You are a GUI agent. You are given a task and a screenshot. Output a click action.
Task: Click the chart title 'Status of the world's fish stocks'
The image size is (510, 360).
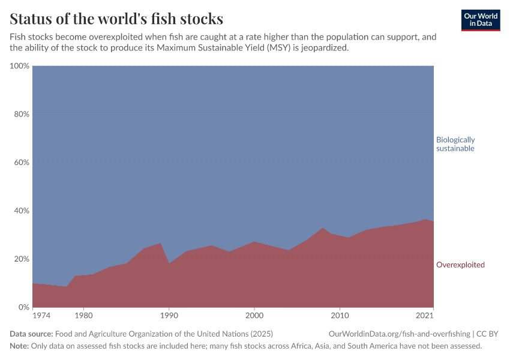pyautogui.click(x=116, y=18)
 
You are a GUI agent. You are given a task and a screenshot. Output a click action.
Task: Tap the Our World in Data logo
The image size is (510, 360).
pyautogui.click(x=481, y=20)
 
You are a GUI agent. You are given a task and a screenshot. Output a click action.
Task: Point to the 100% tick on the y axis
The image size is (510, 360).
pyautogui.click(x=20, y=65)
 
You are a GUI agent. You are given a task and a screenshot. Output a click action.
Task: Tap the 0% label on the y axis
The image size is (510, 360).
pyautogui.click(x=23, y=307)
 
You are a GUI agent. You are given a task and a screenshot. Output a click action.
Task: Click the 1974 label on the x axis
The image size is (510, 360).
pyautogui.click(x=41, y=315)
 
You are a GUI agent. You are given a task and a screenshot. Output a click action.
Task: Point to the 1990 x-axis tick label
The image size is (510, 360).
pyautogui.click(x=169, y=315)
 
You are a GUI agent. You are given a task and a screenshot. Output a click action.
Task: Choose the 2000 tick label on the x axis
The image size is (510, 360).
pyautogui.click(x=254, y=315)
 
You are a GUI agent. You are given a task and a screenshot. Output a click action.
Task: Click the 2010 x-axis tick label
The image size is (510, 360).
pyautogui.click(x=340, y=315)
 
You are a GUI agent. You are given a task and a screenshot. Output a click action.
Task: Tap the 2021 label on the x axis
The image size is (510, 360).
pyautogui.click(x=425, y=315)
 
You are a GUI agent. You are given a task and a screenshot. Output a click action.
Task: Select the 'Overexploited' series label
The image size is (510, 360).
pyautogui.click(x=460, y=265)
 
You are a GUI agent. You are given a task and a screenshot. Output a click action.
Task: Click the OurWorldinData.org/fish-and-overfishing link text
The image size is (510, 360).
pyautogui.click(x=399, y=334)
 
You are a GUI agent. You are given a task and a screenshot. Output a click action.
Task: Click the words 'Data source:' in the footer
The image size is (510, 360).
pyautogui.click(x=31, y=334)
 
